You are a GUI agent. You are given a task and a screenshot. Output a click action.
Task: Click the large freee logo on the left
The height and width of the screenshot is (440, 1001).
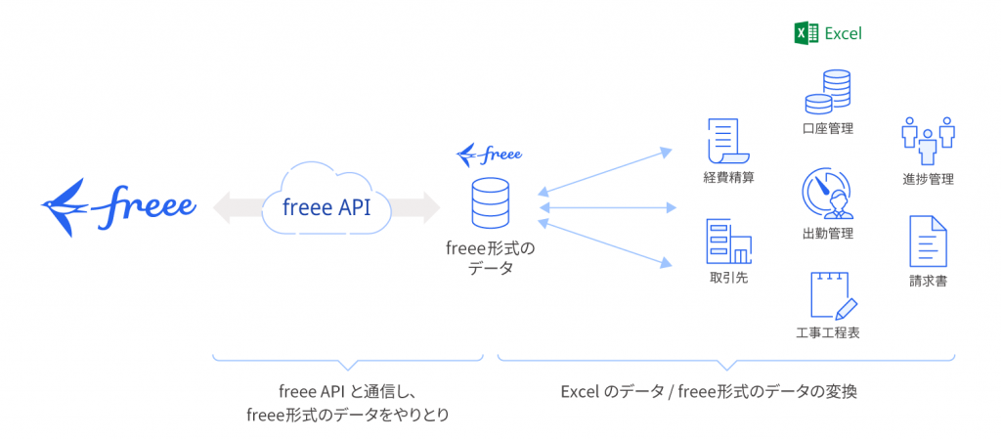click(x=118, y=206)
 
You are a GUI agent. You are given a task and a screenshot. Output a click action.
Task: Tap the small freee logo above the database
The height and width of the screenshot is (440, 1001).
click(x=489, y=154)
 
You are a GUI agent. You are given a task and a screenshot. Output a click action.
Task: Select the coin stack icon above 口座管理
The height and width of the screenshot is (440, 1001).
click(x=827, y=91)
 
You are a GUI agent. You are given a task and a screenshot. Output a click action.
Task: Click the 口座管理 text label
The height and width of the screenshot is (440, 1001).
click(x=827, y=128)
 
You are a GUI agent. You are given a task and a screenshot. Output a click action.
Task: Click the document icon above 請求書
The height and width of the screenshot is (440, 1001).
click(x=928, y=242)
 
